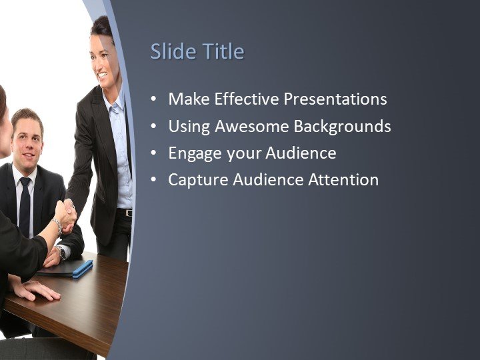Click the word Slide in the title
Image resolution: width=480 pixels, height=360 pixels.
coord(171,52)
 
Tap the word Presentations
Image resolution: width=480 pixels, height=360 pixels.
coord(335,99)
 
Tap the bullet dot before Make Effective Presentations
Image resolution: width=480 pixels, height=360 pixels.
coord(154,100)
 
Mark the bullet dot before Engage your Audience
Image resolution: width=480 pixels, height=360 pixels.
coord(154,153)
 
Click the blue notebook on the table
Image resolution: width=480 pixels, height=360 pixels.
coord(81,268)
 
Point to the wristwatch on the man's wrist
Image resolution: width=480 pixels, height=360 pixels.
coord(61,253)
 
